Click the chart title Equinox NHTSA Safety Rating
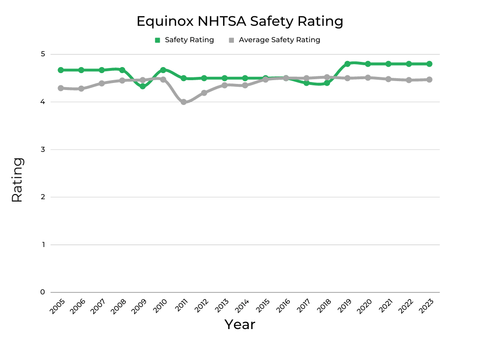click(240, 21)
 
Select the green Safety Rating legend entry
click(184, 40)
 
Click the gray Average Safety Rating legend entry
click(274, 40)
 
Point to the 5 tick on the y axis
click(42, 54)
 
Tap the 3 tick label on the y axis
click(42, 150)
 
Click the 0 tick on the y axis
click(42, 292)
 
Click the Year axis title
click(240, 324)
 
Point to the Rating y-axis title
click(17, 180)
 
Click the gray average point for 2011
click(183, 102)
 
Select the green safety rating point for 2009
click(142, 86)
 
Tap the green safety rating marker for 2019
click(347, 64)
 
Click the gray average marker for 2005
click(60, 88)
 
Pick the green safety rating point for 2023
click(429, 64)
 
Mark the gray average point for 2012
click(204, 93)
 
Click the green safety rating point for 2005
click(60, 70)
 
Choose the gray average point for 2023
click(429, 80)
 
